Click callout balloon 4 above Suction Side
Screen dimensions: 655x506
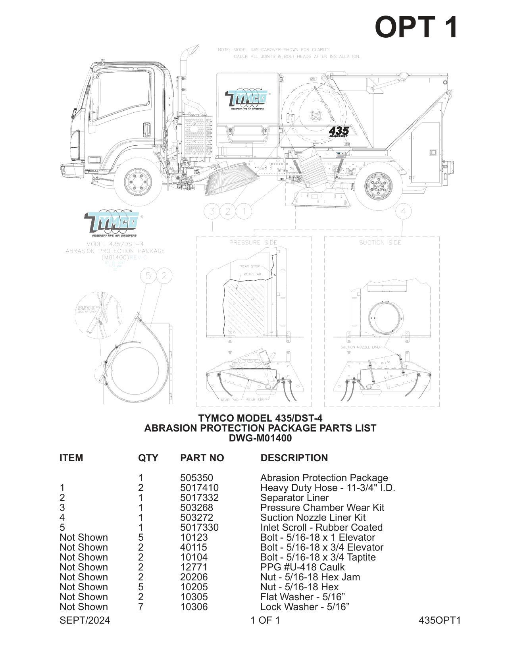403,211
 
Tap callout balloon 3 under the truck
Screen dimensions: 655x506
212,211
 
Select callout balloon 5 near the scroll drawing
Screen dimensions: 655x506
148,276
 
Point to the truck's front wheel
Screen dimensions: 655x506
138,182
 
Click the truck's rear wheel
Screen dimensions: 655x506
378,186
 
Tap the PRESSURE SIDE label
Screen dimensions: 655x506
253,243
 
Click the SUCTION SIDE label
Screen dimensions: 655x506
380,243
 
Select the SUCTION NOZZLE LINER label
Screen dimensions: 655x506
361,347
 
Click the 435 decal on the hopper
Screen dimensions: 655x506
339,131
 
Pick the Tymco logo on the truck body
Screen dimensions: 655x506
247,98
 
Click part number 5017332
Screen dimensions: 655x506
199,498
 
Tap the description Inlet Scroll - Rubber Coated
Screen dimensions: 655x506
321,528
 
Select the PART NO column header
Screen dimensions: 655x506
202,458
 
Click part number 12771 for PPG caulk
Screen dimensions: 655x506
194,567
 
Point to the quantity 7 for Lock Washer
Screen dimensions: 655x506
141,607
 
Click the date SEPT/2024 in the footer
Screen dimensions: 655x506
85,620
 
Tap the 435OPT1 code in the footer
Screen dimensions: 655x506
439,620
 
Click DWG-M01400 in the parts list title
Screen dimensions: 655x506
260,438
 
